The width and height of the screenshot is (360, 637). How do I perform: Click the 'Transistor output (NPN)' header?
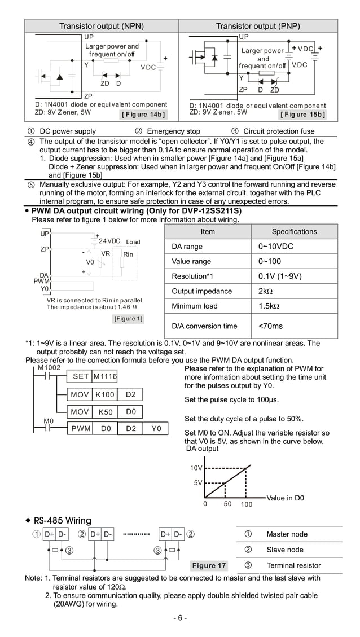pos(102,26)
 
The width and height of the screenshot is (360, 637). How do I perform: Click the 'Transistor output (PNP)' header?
pos(258,26)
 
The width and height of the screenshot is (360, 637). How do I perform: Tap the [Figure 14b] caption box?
pos(143,115)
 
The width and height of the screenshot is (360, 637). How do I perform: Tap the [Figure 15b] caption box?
pos(302,115)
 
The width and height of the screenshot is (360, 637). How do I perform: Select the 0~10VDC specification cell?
pos(276,247)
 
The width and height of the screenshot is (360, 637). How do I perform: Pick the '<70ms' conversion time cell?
pos(271,326)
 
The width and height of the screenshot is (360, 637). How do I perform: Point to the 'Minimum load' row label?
pos(195,306)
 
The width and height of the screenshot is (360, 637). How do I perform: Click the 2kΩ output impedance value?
pos(266,291)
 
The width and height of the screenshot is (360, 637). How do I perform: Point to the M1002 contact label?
pos(49,367)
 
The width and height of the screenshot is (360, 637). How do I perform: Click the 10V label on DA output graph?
pos(195,468)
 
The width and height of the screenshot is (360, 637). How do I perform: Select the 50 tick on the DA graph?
pos(227,504)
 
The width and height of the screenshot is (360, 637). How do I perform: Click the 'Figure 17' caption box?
pos(209,565)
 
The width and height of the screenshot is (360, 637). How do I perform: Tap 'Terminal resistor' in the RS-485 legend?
pos(293,565)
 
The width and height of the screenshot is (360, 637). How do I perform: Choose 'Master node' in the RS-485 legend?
pos(287,534)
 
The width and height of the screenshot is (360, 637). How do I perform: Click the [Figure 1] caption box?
pos(128,319)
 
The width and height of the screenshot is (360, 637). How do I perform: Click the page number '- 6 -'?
pos(180,617)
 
